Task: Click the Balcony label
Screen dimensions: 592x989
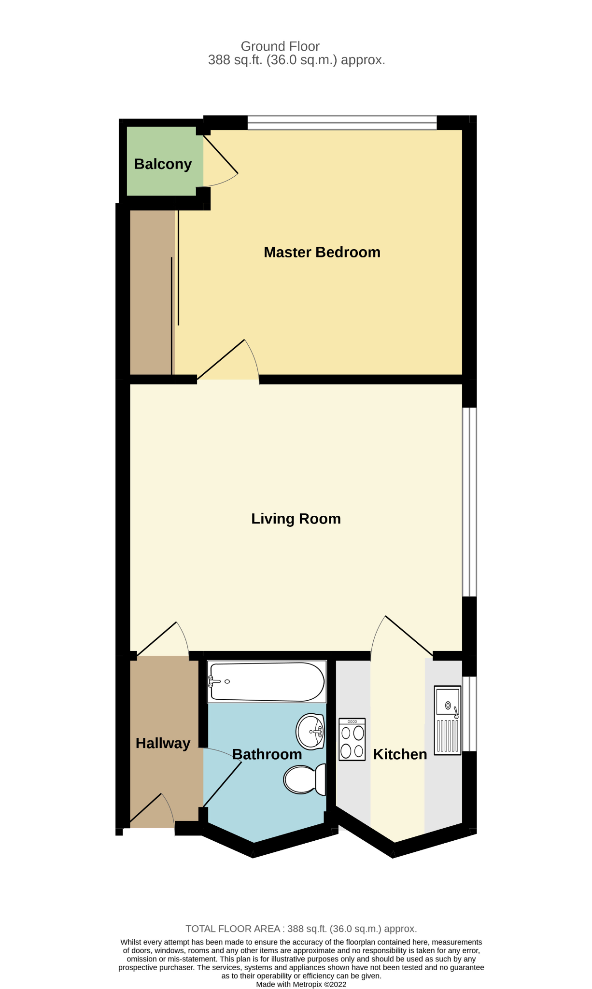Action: click(x=163, y=164)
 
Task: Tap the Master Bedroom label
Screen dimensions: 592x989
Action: click(x=322, y=252)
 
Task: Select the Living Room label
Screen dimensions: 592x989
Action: click(x=296, y=519)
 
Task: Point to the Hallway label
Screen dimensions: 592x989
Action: click(x=163, y=743)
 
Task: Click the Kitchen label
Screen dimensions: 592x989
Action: click(x=400, y=754)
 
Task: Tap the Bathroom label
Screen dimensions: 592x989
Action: click(x=267, y=754)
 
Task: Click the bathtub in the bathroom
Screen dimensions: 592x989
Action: click(x=267, y=681)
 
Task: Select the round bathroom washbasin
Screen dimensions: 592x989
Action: click(x=310, y=732)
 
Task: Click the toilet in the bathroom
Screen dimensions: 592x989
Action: click(x=305, y=779)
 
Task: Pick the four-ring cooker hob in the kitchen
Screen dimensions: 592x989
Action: click(x=352, y=740)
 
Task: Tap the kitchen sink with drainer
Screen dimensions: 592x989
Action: click(x=448, y=720)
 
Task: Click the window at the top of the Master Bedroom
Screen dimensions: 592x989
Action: click(x=342, y=123)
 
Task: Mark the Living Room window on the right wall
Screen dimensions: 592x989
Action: click(x=469, y=502)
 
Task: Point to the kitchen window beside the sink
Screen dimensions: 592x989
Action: click(x=469, y=714)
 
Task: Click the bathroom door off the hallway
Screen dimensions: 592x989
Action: click(x=222, y=777)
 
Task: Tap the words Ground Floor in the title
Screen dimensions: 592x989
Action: click(x=280, y=46)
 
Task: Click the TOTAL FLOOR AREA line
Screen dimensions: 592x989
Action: click(x=301, y=929)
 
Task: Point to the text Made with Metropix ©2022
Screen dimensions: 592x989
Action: click(x=301, y=984)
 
